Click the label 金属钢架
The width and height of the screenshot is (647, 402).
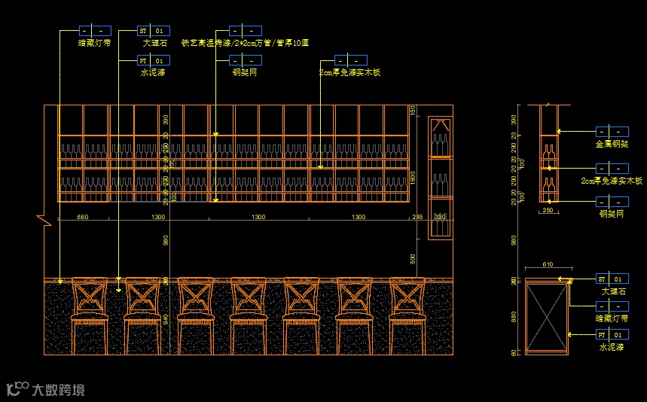click(x=612, y=143)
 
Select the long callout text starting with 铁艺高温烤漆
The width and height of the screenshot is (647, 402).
click(x=246, y=43)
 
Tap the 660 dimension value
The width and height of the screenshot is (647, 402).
click(x=83, y=217)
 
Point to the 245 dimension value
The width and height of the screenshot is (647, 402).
click(x=417, y=217)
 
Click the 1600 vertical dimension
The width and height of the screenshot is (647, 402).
click(x=413, y=177)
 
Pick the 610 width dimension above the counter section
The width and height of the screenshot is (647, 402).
click(x=548, y=265)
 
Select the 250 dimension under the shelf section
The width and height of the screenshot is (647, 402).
click(x=548, y=210)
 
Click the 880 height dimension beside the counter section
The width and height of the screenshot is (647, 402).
click(x=514, y=316)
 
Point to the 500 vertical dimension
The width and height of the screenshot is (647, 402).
click(x=413, y=258)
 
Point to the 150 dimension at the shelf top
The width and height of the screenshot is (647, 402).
click(x=413, y=111)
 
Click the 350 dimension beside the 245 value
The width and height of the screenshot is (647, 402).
click(x=440, y=217)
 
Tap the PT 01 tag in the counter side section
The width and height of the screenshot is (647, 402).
click(x=612, y=334)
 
